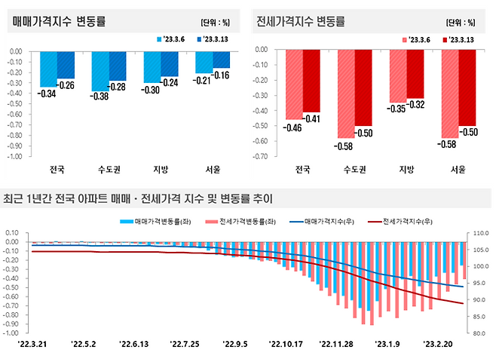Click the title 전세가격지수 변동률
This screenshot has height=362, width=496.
pyautogui.click(x=301, y=21)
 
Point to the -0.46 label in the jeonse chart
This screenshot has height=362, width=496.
pyautogui.click(x=292, y=127)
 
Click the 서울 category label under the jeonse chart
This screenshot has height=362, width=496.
pyautogui.click(x=458, y=169)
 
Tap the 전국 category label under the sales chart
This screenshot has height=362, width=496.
pyautogui.click(x=57, y=169)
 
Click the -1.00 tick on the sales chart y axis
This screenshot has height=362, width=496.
pyautogui.click(x=15, y=156)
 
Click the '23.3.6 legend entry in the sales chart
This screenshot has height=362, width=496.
pyautogui.click(x=170, y=39)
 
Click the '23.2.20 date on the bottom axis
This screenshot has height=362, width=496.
pyautogui.click(x=439, y=345)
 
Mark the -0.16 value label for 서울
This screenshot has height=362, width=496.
pyautogui.click(x=220, y=75)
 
